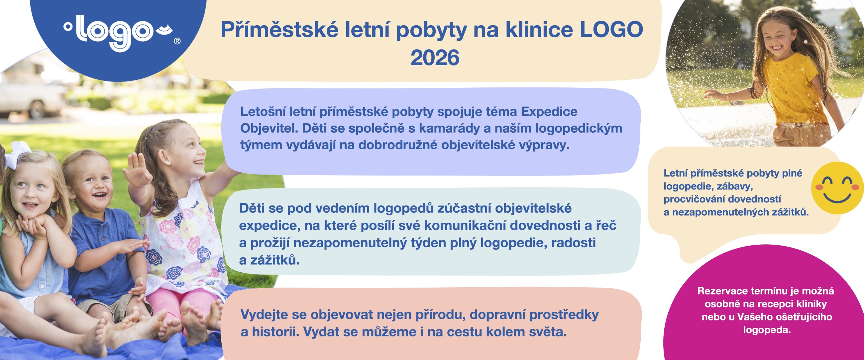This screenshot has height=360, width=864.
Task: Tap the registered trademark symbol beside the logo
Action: point(177,41)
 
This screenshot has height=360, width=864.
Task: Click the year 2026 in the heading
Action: point(435,58)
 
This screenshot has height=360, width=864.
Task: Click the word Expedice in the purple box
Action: point(549,111)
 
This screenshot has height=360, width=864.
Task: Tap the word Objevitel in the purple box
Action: point(269,128)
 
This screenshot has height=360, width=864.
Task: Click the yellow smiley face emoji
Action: point(837,188)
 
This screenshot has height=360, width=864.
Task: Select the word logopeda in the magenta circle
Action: point(767,330)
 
